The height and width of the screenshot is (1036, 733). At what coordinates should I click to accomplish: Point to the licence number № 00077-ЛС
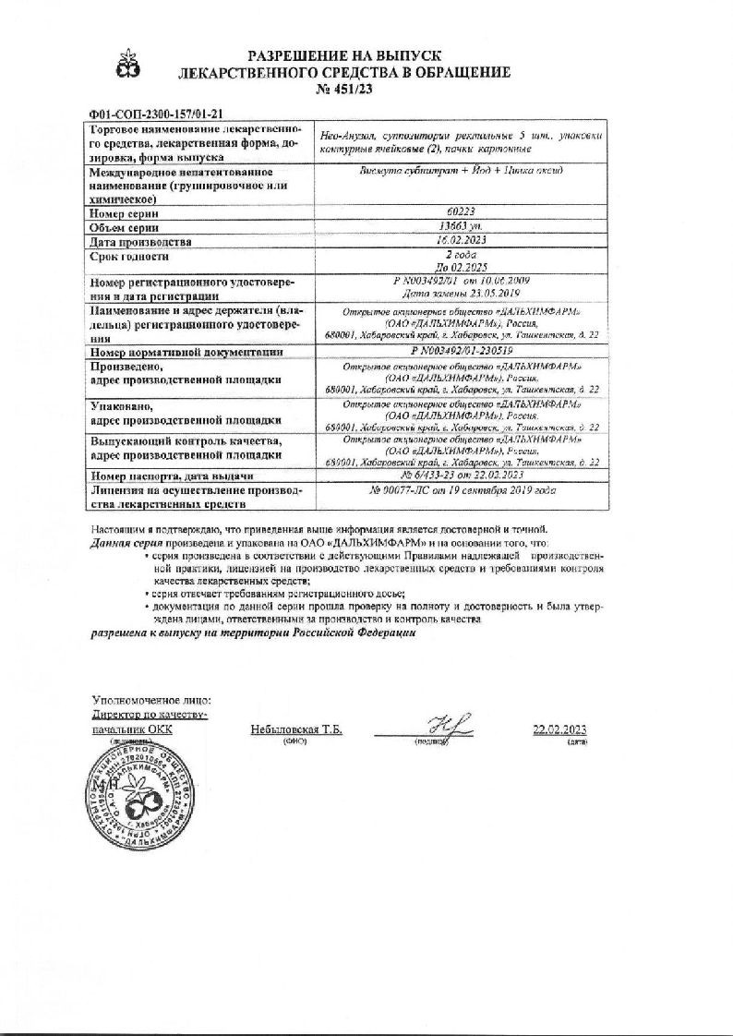pyautogui.click(x=407, y=491)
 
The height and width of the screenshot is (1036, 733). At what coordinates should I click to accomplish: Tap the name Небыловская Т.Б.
pyautogui.click(x=296, y=729)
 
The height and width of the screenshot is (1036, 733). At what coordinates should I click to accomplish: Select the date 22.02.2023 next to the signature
pyautogui.click(x=559, y=729)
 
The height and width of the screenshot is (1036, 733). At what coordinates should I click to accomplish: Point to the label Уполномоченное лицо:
pyautogui.click(x=151, y=699)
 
